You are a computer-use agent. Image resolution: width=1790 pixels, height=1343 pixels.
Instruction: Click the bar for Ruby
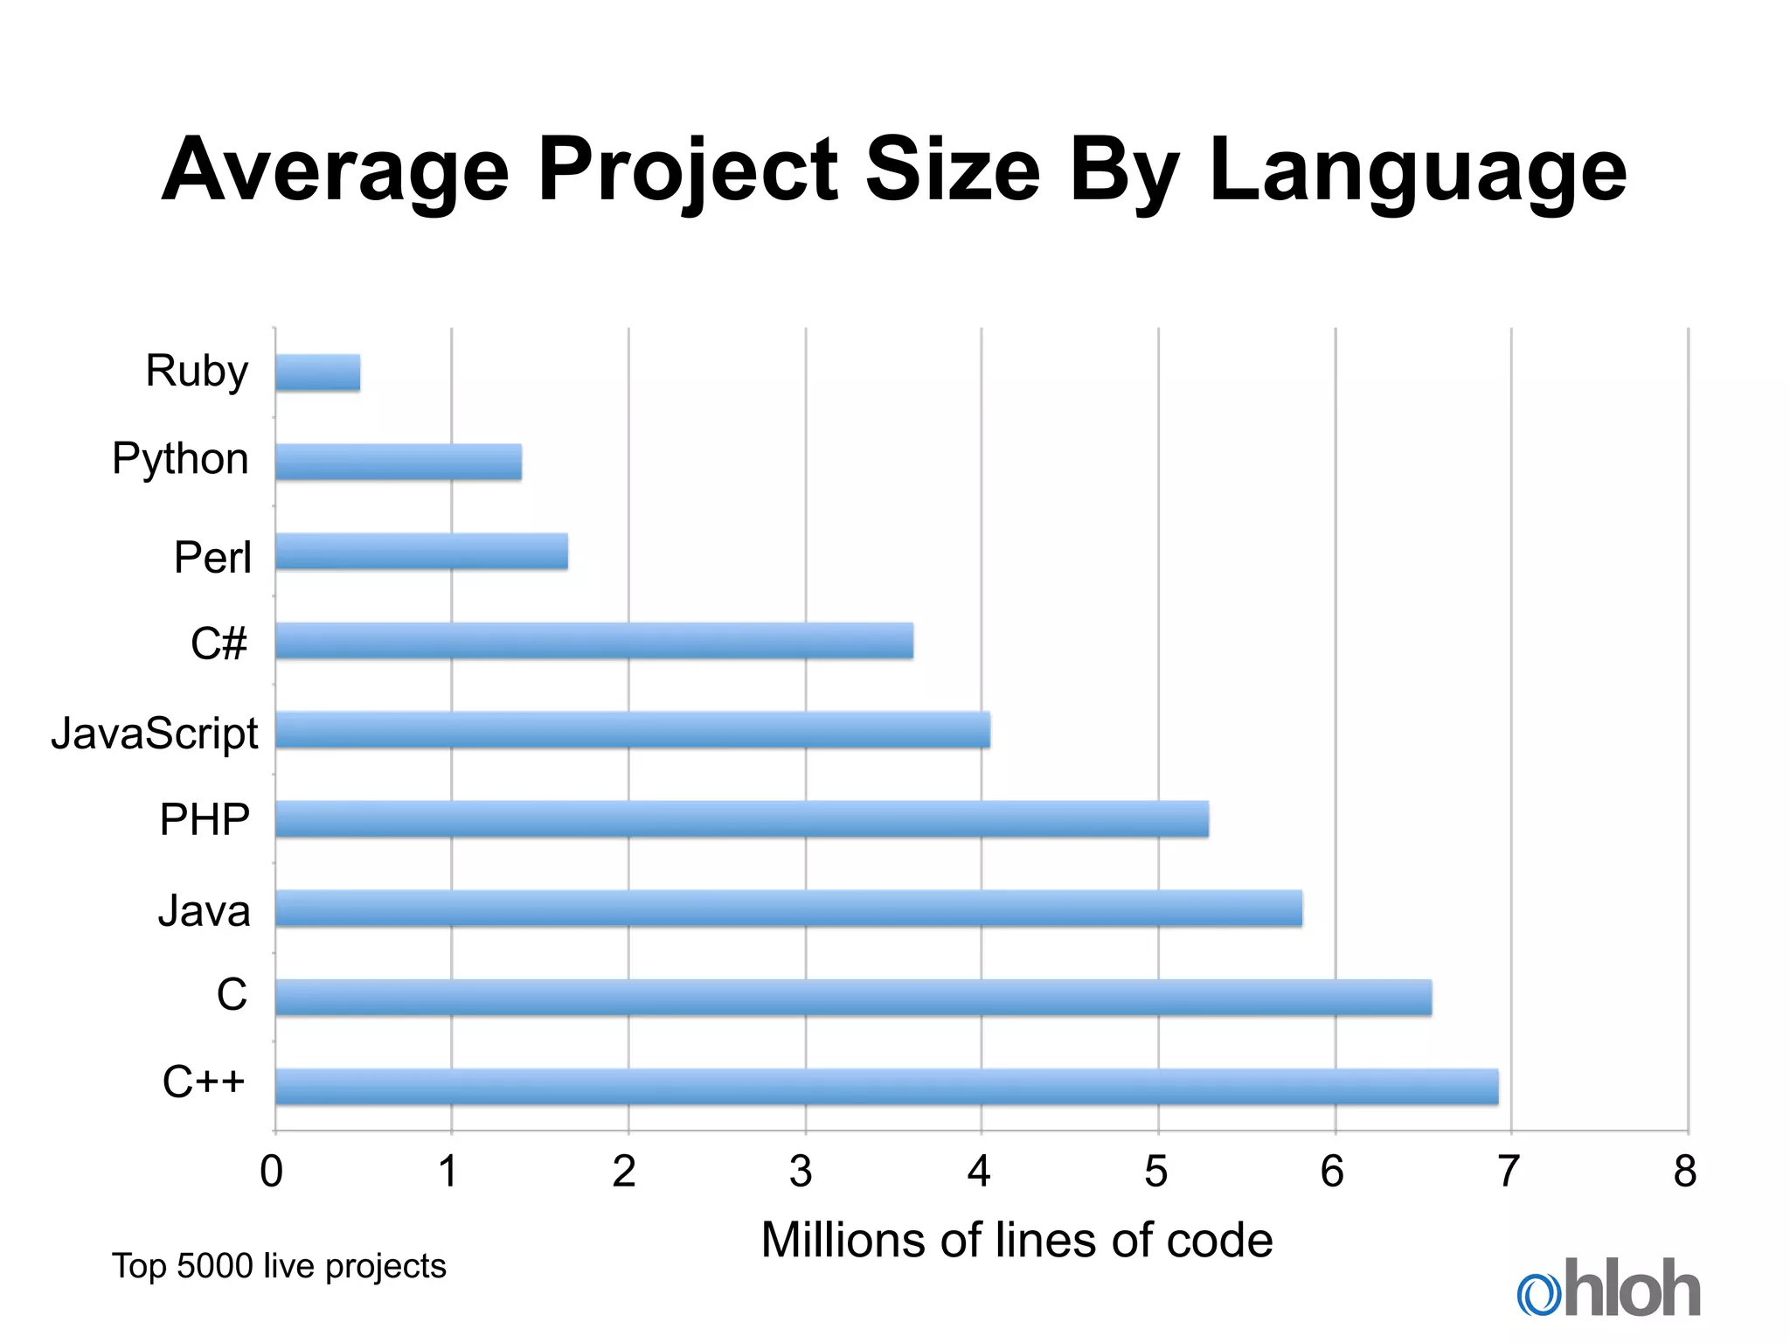(318, 372)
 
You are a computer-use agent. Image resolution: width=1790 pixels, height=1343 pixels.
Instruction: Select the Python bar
(399, 462)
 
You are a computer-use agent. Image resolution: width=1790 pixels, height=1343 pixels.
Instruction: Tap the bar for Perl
(421, 552)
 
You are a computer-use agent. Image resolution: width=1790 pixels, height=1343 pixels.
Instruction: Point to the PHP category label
(205, 820)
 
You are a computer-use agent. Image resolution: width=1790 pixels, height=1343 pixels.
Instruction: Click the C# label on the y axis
(219, 644)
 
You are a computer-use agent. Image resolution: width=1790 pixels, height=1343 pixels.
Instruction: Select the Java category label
(204, 911)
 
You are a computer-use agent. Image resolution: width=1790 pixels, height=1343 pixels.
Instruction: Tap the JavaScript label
(155, 733)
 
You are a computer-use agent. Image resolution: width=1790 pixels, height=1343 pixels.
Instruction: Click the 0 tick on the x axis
(272, 1172)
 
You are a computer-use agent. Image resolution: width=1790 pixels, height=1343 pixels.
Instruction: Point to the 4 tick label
(979, 1172)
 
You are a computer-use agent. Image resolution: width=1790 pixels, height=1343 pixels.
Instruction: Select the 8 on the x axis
(1685, 1172)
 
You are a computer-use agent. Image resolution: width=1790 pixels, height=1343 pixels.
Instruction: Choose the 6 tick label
(1332, 1172)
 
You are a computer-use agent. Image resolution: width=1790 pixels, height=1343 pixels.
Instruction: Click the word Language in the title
(1418, 171)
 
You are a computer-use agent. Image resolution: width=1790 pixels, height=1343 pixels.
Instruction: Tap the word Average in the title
(336, 171)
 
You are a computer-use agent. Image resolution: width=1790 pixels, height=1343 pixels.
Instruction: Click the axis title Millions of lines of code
(1016, 1240)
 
